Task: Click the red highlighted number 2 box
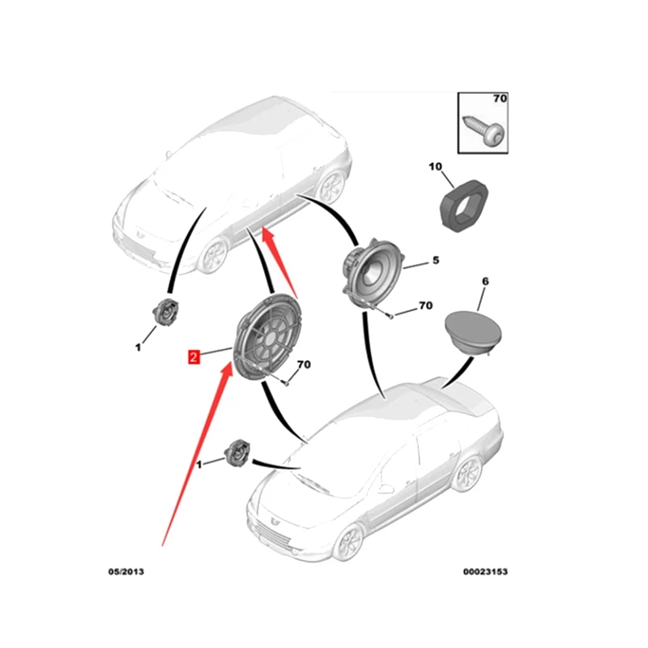coord(194,356)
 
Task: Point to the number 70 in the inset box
coord(499,99)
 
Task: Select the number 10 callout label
coord(435,167)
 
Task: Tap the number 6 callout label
coord(485,281)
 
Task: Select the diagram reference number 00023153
coord(484,571)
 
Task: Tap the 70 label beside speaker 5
coord(424,306)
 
